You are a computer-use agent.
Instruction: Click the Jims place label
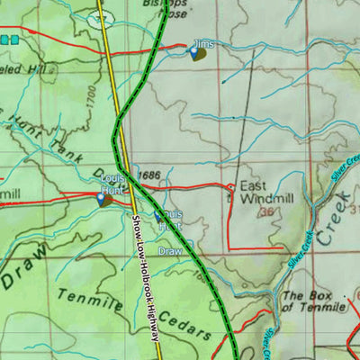pos(204,42)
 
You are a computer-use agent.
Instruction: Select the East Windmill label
pos(258,193)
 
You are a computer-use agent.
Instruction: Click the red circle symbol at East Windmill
pos(230,187)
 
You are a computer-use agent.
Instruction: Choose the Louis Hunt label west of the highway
pos(112,184)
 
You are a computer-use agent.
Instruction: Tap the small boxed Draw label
pos(170,251)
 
